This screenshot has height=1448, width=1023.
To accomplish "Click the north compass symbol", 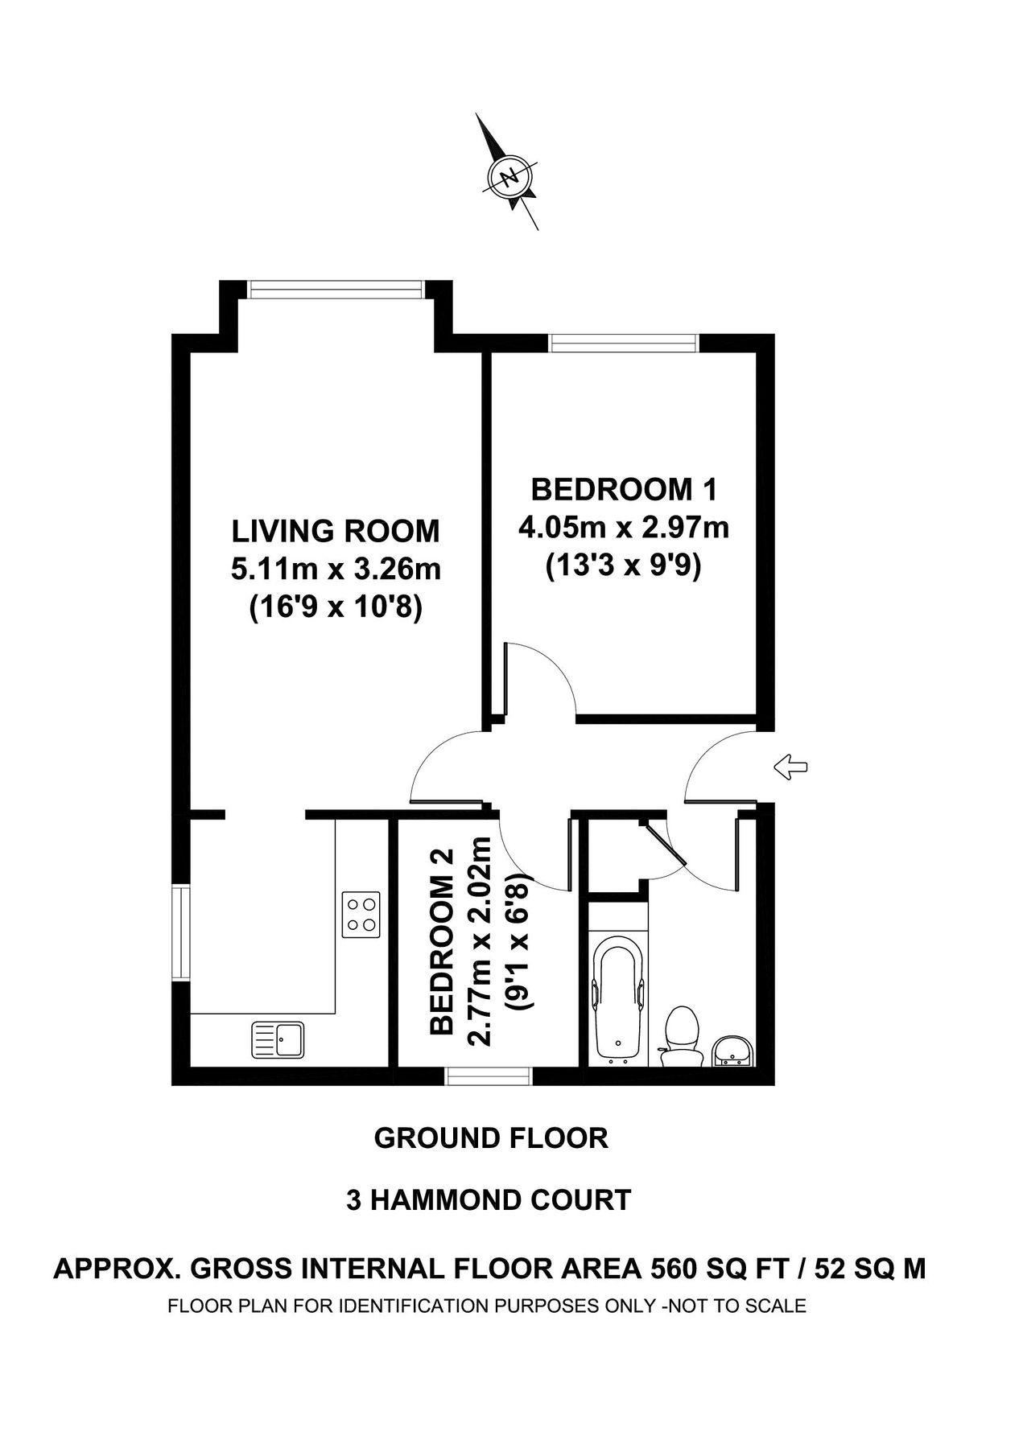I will coord(509,176).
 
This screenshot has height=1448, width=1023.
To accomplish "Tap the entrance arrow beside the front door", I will coord(790,767).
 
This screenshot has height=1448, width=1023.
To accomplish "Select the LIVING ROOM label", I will coord(336,531).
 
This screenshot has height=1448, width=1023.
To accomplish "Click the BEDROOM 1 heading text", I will coord(624,489).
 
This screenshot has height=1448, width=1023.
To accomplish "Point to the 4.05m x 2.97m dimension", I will coord(624,529).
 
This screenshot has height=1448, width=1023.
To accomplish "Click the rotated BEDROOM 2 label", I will coord(443,941).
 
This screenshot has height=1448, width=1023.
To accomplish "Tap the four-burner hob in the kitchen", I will coord(361,914).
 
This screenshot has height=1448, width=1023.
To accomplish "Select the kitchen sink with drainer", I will coord(278,1039).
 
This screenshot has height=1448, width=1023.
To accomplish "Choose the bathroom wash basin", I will coord(732,1051).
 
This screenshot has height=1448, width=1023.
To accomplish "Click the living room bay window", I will coord(336,289).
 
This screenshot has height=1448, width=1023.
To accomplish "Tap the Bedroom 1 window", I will coord(624,343).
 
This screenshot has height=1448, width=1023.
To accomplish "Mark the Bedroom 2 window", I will coord(489,1076).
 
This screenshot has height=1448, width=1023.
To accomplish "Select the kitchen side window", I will coord(181,932).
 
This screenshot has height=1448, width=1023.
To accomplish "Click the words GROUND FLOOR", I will coord(491,1138).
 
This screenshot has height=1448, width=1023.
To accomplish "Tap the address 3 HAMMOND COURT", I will coord(489,1201).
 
